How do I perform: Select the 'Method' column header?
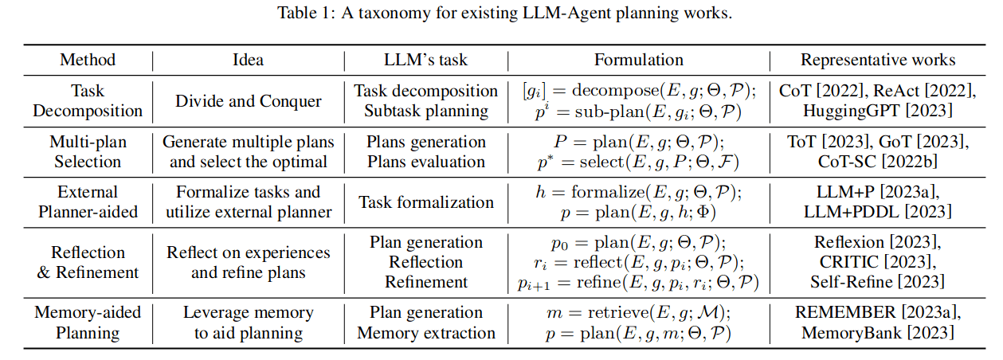[x=88, y=60]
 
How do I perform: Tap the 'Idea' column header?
[x=248, y=60]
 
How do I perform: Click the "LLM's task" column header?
[x=425, y=60]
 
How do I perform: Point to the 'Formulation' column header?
[x=638, y=60]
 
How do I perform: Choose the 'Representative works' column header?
[x=877, y=60]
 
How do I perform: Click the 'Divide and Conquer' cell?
[x=248, y=101]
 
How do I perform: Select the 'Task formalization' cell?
[x=425, y=202]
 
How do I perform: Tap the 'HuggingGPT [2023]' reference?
[x=877, y=112]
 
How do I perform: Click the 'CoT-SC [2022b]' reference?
[x=877, y=162]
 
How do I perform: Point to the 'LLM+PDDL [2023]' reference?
[x=877, y=212]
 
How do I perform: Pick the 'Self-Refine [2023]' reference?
[x=877, y=282]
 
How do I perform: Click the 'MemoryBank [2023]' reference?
[x=877, y=332]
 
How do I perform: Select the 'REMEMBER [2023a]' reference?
[x=877, y=312]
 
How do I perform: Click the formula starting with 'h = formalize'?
[x=638, y=192]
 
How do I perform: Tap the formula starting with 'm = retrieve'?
[x=638, y=312]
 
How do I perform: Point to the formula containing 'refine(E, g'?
[x=638, y=282]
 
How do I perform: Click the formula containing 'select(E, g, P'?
[x=638, y=162]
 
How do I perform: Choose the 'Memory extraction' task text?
[x=425, y=332]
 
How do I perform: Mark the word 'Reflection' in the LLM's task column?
[x=425, y=262]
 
